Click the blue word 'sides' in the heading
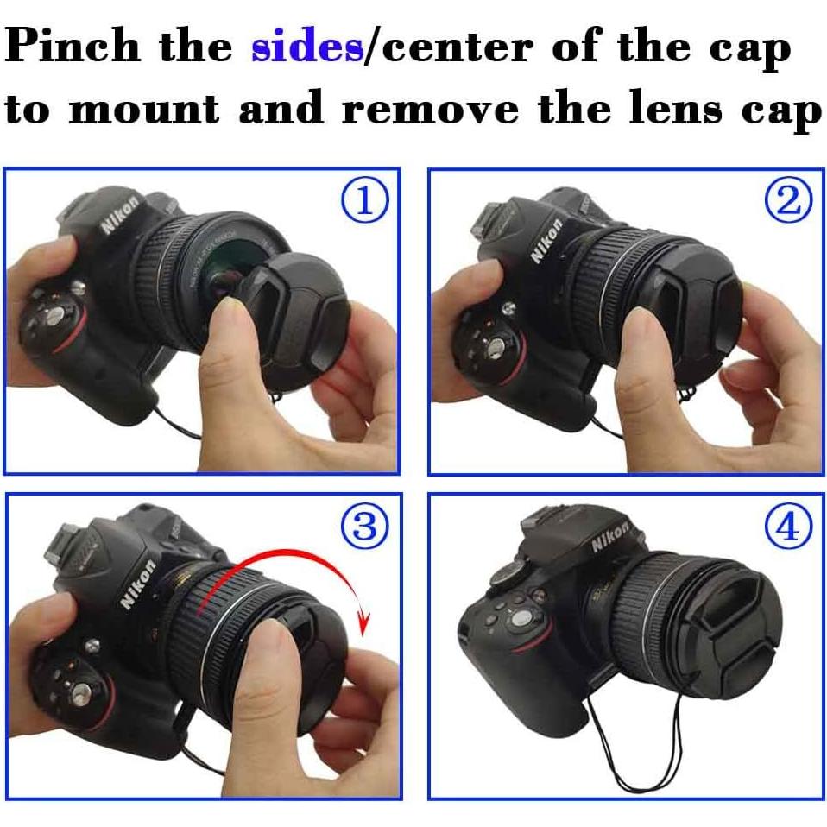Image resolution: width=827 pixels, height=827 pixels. coord(306,48)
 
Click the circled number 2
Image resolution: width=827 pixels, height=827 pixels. coord(788,200)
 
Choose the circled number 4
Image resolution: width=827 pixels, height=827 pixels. coord(788,527)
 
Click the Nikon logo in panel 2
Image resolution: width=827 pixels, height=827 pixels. coord(546,241)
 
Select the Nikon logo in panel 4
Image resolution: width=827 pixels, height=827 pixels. coord(610,538)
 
